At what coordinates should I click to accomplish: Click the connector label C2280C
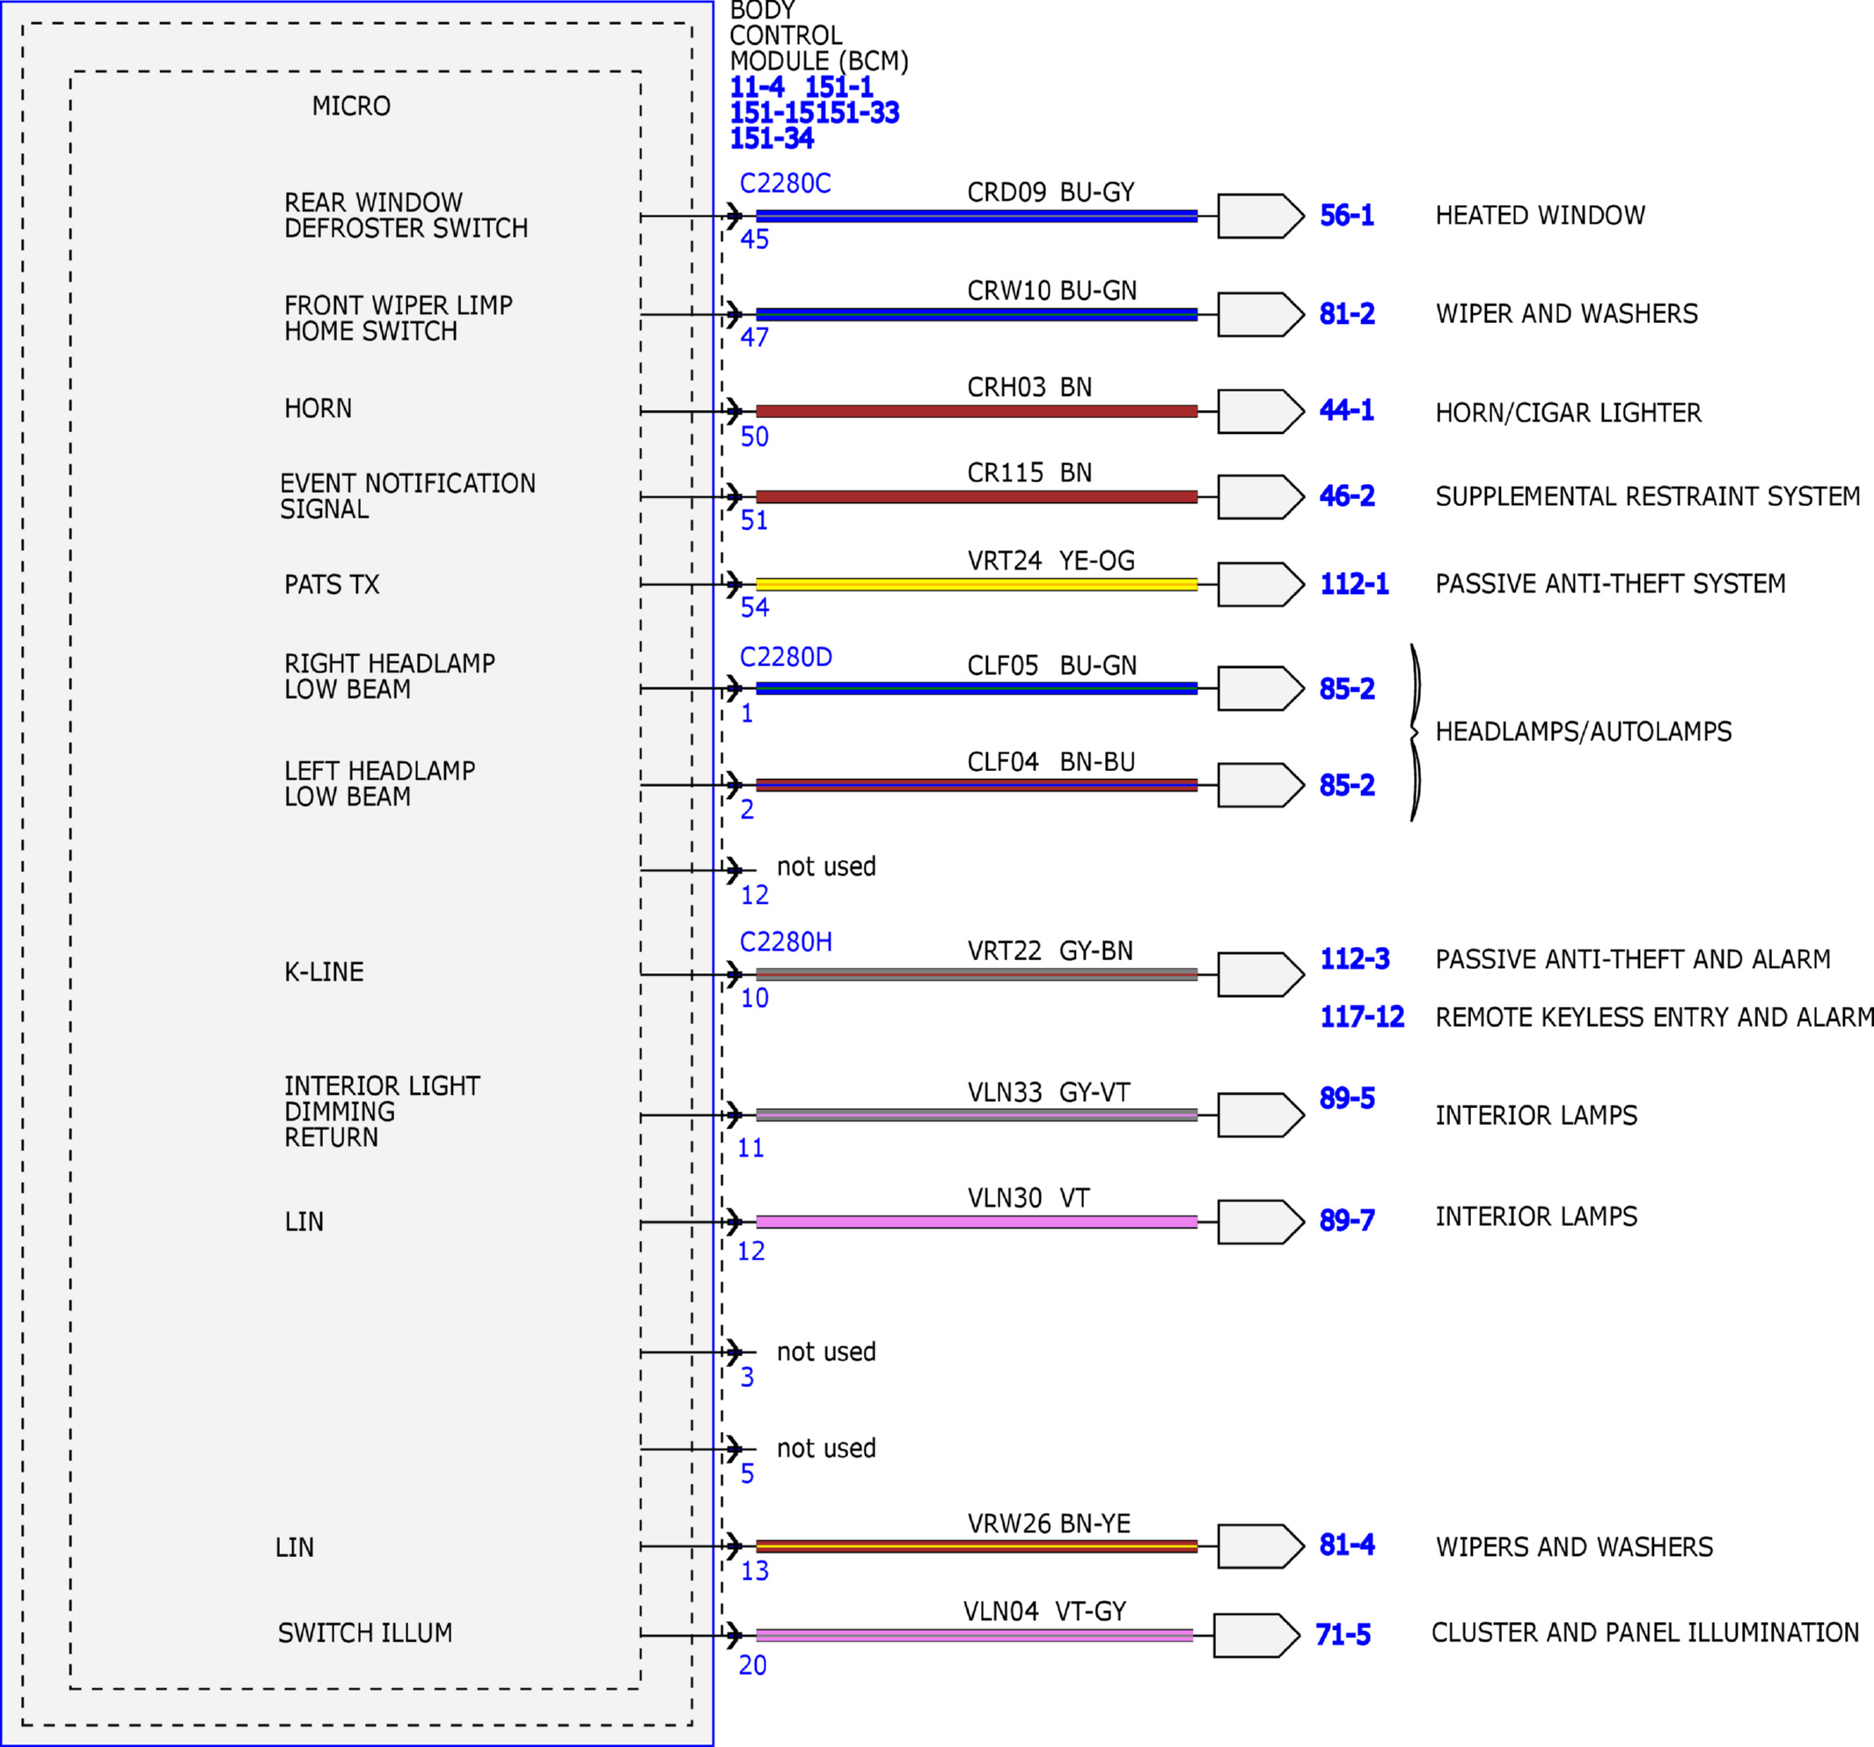(785, 183)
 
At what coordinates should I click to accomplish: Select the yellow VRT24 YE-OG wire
(977, 584)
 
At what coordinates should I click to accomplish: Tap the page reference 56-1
(1346, 216)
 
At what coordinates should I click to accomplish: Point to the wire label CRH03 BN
(1029, 387)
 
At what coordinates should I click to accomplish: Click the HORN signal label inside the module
(318, 408)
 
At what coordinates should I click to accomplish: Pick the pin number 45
(754, 239)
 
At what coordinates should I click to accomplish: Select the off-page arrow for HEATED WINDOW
(1260, 216)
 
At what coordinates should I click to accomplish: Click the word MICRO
(351, 106)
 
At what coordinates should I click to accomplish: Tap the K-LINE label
(324, 972)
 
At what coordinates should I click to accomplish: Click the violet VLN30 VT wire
(977, 1222)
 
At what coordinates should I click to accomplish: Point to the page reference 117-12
(1362, 1017)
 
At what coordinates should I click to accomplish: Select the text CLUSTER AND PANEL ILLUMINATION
(1645, 1633)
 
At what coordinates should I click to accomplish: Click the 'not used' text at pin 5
(826, 1448)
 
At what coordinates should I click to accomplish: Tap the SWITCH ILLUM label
(365, 1633)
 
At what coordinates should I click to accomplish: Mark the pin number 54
(754, 607)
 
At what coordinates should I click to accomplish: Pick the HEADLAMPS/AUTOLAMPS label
(1584, 731)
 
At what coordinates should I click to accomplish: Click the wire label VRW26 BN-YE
(1048, 1523)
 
